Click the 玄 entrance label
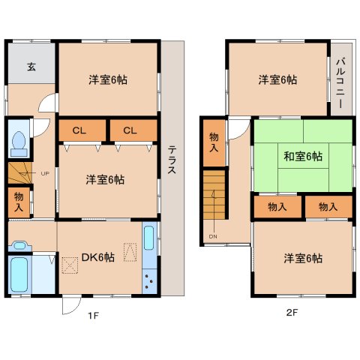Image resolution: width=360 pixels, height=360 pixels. [31, 67]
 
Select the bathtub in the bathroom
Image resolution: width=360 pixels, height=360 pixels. [19, 275]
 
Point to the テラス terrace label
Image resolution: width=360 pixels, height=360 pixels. [172, 158]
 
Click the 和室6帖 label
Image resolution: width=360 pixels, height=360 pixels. [302, 157]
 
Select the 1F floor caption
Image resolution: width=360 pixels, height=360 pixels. [92, 316]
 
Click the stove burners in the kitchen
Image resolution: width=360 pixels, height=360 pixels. [148, 283]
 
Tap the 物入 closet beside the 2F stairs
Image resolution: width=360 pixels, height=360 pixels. [214, 142]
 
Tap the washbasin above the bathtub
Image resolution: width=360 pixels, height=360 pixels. [18, 245]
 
